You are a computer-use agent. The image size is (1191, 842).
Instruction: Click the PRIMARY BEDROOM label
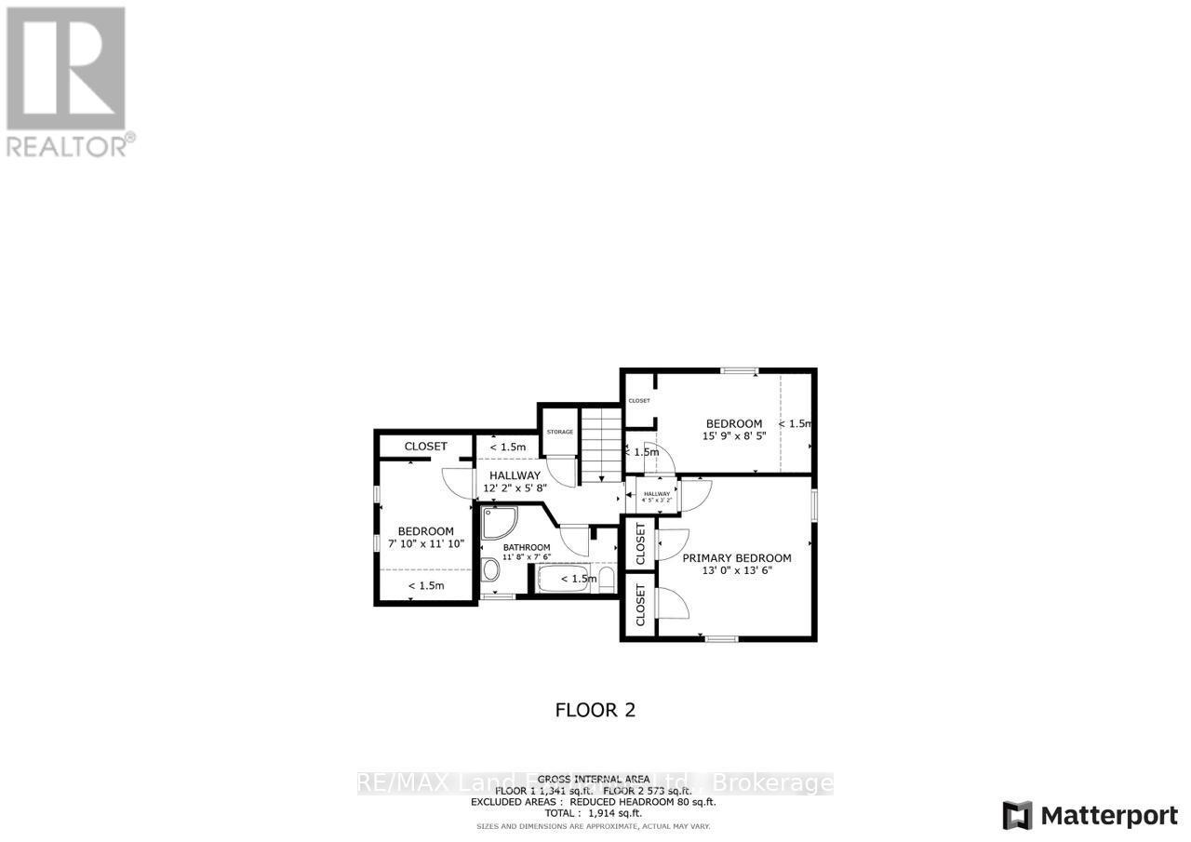pos(737,558)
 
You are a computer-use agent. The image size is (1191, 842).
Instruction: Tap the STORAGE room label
pos(560,432)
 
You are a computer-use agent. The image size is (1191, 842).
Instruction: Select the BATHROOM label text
pos(527,547)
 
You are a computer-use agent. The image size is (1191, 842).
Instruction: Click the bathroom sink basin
pos(490,570)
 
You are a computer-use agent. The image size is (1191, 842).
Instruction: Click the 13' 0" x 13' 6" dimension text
pos(737,571)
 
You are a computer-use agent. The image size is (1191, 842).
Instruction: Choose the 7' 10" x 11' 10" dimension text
pos(425,543)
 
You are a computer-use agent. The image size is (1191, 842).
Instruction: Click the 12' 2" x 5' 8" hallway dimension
pos(515,487)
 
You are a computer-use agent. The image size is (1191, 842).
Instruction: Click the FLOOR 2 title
pos(595,710)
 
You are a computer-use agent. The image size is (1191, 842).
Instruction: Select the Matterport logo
pos(1091,816)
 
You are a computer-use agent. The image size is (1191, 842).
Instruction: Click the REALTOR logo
pos(67,80)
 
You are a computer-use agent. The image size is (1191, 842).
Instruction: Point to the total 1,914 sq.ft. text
pos(595,813)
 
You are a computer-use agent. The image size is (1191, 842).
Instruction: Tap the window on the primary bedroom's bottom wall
pos(721,638)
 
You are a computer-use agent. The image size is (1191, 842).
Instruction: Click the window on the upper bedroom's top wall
pos(740,371)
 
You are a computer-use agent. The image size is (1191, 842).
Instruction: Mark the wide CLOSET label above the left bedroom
pos(425,447)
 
